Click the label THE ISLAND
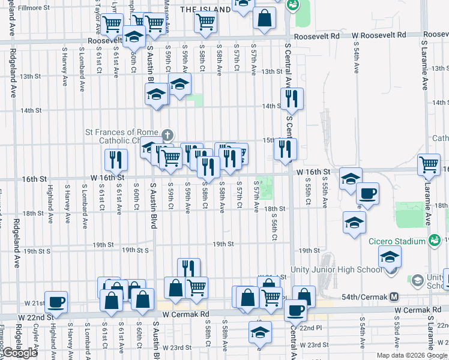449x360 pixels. click(x=205, y=10)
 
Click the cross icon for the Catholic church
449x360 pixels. click(x=167, y=134)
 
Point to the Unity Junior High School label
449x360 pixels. click(x=336, y=269)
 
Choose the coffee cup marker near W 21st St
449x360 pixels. click(x=56, y=302)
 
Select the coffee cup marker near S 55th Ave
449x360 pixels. click(x=367, y=193)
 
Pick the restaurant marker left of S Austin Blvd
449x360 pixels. click(x=115, y=160)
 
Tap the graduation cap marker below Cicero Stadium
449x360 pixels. click(x=390, y=258)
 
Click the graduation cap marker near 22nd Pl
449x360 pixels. click(x=260, y=332)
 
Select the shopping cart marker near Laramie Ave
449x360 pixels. click(x=429, y=164)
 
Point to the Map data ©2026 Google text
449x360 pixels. click(x=412, y=355)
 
